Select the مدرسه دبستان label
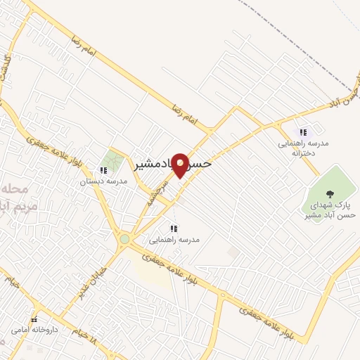click(103, 181)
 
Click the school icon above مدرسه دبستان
click(103, 169)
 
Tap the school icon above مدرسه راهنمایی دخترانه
click(304, 132)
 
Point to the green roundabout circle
click(124, 239)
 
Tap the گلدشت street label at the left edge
click(8, 67)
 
